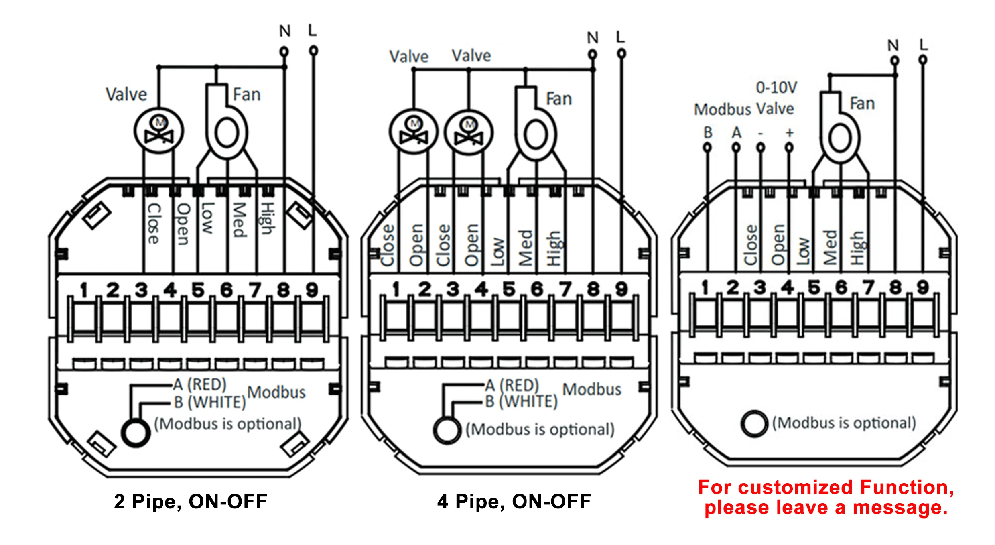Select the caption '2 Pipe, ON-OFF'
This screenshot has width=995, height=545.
click(x=191, y=502)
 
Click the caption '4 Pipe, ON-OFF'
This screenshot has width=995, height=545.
click(x=514, y=502)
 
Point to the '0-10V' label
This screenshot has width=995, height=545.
click(x=776, y=87)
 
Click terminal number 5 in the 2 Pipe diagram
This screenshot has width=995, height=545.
click(x=198, y=290)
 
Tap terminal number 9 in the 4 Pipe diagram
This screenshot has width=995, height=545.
click(x=621, y=289)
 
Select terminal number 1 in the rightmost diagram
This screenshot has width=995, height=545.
click(x=705, y=287)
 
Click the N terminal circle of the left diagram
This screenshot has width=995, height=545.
click(x=284, y=51)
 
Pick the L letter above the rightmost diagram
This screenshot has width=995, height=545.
click(x=924, y=44)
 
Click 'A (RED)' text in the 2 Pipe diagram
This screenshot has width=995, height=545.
click(x=200, y=384)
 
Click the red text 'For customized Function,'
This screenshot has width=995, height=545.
click(x=826, y=487)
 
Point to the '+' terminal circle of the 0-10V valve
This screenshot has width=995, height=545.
click(x=789, y=147)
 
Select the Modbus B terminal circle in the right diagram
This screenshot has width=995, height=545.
click(x=707, y=147)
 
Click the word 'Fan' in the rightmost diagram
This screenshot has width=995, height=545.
click(x=862, y=104)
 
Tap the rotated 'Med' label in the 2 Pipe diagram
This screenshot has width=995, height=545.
click(x=240, y=220)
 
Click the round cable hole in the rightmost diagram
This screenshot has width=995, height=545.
click(x=754, y=423)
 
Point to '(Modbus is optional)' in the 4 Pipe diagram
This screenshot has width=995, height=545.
click(x=540, y=429)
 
